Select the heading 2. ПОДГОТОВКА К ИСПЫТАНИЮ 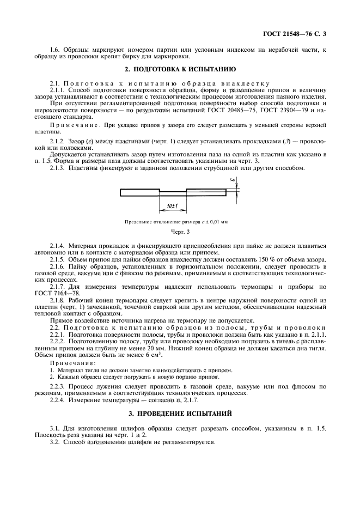click(180, 70)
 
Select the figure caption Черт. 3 click(180, 233)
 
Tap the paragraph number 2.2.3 click(58, 386)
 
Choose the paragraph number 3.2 click(55, 442)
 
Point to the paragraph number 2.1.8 click(58, 301)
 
